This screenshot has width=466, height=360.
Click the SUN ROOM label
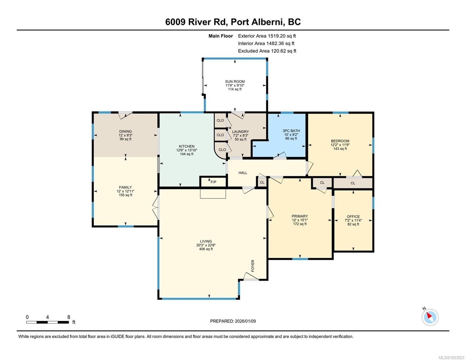[x=235, y=82]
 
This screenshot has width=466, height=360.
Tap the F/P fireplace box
[x=213, y=182]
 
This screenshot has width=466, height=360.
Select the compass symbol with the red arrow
[x=430, y=317]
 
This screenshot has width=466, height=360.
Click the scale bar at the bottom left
[x=47, y=322]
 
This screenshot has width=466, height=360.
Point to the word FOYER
[x=253, y=266]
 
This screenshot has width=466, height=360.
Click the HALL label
[x=243, y=173]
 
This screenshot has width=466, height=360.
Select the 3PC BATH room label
[x=291, y=131]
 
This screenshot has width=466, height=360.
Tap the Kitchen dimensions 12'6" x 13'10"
[x=187, y=150]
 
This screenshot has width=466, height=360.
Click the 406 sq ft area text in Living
[x=206, y=249]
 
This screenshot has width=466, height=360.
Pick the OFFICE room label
[x=353, y=217]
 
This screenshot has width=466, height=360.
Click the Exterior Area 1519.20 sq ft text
[x=267, y=36]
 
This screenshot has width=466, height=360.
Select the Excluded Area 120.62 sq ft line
[x=267, y=51]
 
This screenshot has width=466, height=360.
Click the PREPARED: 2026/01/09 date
[x=233, y=321]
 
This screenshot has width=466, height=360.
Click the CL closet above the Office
[x=353, y=183]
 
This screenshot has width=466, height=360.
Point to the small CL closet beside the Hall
[x=262, y=182]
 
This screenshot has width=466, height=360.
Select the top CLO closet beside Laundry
[x=220, y=120]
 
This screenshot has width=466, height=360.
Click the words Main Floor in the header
[x=221, y=36]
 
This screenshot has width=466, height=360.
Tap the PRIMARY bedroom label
[x=300, y=216]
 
